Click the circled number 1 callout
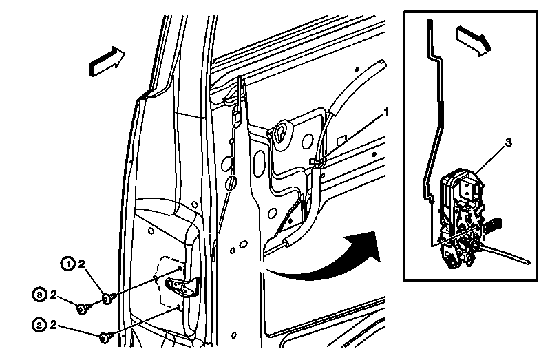pos(68,264)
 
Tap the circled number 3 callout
pos(39,295)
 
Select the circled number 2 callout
pos(39,326)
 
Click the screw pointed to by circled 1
pos(107,299)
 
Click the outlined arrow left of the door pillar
pos(107,61)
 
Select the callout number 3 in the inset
pos(508,142)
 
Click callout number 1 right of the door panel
pos(386,113)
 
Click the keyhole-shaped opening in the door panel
pos(282,133)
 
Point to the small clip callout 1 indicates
pos(317,162)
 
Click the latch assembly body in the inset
pos(461,218)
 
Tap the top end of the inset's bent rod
pos(430,21)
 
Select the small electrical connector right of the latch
pos(494,224)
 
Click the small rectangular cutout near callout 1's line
pos(341,140)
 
